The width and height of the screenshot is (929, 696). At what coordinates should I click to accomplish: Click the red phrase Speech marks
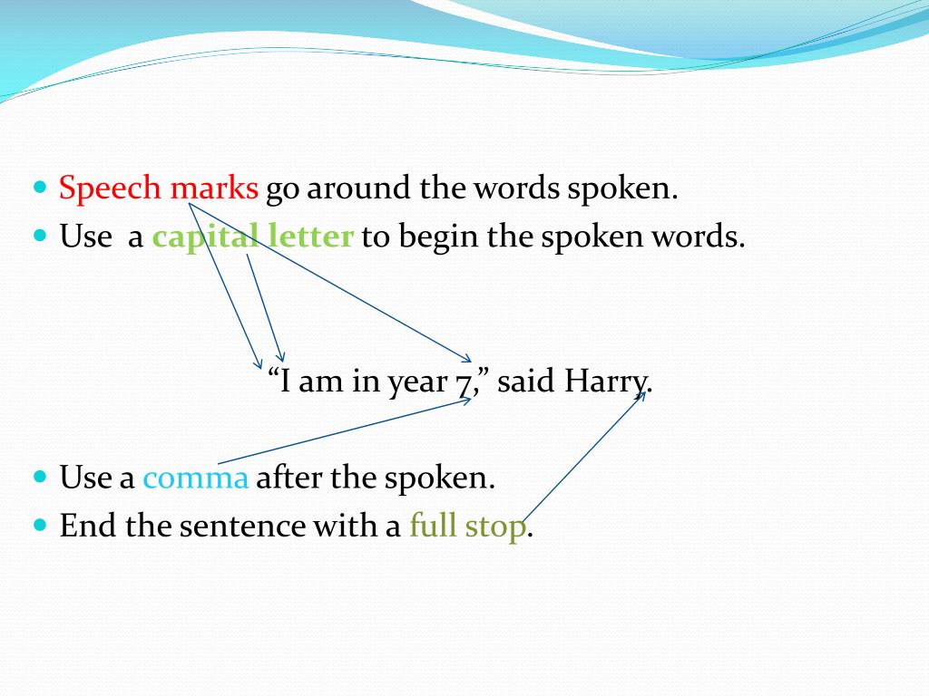159,188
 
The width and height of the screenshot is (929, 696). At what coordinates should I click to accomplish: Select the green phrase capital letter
252,237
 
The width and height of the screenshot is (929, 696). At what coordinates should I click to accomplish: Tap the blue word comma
195,478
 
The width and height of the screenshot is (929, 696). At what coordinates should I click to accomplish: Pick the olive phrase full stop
467,527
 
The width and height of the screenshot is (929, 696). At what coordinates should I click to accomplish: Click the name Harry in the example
606,382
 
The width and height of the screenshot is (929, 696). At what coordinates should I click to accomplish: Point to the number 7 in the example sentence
464,382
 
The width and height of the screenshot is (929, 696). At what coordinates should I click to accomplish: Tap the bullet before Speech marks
40,188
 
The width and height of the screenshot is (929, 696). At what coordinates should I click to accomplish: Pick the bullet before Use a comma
40,477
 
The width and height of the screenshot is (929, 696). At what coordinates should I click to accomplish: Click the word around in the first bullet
361,189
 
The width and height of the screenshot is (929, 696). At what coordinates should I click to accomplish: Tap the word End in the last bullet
88,527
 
